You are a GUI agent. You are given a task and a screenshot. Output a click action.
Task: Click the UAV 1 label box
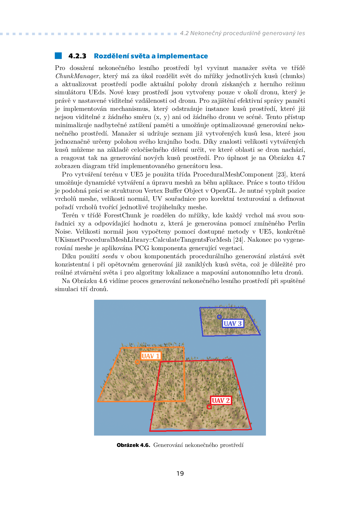pyautogui.click(x=150, y=356)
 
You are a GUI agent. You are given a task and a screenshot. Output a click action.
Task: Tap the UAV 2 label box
pyautogui.click(x=221, y=400)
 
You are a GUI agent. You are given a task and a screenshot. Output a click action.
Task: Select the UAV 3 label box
pyautogui.click(x=233, y=324)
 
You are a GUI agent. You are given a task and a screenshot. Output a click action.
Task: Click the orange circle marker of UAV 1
pyautogui.click(x=137, y=362)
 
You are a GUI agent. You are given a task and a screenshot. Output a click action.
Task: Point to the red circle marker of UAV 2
pyautogui.click(x=209, y=407)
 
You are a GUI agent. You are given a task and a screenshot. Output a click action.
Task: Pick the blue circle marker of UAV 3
pyautogui.click(x=219, y=317)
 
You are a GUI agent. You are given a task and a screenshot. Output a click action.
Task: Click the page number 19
pyautogui.click(x=180, y=474)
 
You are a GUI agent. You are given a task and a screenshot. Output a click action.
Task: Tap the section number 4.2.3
pyautogui.click(x=77, y=56)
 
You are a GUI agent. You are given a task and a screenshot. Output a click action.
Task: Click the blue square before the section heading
pyautogui.click(x=58, y=56)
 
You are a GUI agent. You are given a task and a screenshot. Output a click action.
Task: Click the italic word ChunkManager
pyautogui.click(x=77, y=76)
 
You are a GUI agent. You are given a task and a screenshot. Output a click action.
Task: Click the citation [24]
pyautogui.click(x=239, y=240)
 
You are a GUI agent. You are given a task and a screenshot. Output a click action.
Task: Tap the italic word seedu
pyautogui.click(x=110, y=256)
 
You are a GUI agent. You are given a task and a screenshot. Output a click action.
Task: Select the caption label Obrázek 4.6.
pyautogui.click(x=133, y=445)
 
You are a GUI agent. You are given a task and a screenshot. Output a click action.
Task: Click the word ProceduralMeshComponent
pyautogui.click(x=233, y=174)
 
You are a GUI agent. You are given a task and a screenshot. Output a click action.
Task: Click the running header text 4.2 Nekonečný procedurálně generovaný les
pyautogui.click(x=242, y=33)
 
